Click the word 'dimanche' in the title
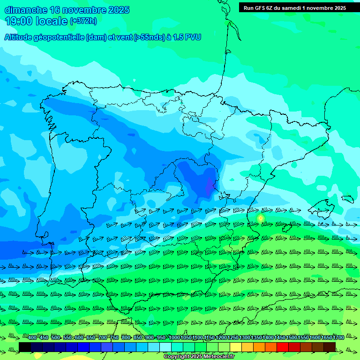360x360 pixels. (x=25, y=10)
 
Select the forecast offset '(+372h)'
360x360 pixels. (x=83, y=21)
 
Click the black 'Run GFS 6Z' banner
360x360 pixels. (x=294, y=7)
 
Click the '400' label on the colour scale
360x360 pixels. (x=32, y=338)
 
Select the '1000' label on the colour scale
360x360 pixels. (x=174, y=338)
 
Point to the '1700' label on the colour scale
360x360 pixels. (x=338, y=338)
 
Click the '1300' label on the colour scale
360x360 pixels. (x=244, y=338)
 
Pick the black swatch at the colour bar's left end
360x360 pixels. (x=25, y=347)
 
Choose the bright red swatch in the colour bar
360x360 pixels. (x=283, y=347)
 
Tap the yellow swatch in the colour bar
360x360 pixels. (x=236, y=347)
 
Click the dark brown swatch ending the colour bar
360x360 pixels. (x=330, y=347)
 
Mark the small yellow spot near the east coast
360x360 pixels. (x=261, y=218)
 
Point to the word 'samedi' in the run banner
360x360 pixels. (x=292, y=7)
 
